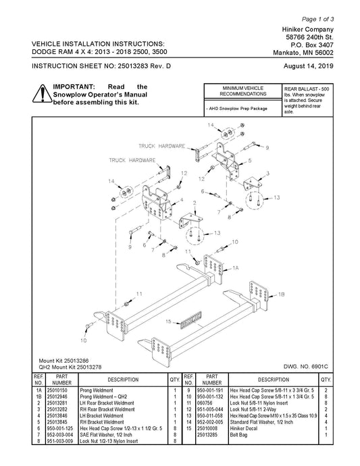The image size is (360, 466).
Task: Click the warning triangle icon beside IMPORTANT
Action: click(x=42, y=94)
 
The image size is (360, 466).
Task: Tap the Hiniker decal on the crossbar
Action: click(x=191, y=320)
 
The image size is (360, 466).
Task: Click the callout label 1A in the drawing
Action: click(x=236, y=268)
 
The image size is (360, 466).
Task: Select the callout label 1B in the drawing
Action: click(x=281, y=294)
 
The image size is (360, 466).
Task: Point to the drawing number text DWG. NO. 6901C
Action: click(x=305, y=367)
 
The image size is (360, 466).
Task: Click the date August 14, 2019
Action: click(x=308, y=66)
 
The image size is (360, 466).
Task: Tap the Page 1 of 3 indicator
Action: click(x=318, y=20)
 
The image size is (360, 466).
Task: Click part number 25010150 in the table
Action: click(x=57, y=390)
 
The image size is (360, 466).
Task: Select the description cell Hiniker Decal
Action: click(x=243, y=428)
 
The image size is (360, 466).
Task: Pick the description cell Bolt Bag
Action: click(x=238, y=435)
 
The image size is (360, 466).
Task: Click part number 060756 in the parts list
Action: click(x=204, y=403)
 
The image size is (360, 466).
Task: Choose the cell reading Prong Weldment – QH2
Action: click(x=103, y=396)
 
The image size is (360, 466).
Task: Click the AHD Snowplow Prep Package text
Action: click(x=236, y=109)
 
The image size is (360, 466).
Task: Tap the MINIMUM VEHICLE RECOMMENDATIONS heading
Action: click(x=243, y=91)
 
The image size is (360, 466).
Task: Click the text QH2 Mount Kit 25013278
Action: click(x=70, y=367)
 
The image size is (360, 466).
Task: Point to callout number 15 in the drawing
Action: click(x=168, y=321)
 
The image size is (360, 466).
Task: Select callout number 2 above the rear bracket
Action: click(x=195, y=203)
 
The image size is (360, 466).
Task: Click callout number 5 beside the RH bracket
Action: click(x=250, y=161)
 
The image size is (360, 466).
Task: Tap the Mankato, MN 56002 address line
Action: click(x=303, y=53)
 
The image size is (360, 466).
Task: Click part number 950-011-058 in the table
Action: click(x=210, y=416)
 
